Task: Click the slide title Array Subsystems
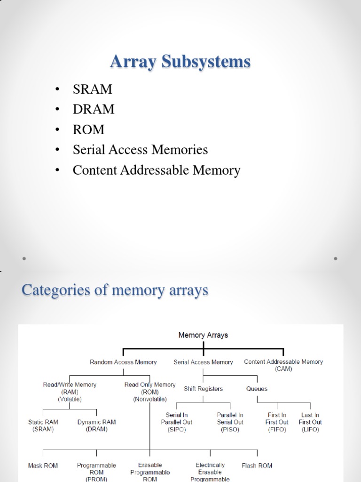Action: click(x=180, y=62)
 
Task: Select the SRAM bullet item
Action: click(x=93, y=89)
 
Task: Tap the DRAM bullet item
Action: click(x=94, y=109)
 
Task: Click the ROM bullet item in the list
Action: click(x=88, y=129)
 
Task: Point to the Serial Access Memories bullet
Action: click(x=140, y=150)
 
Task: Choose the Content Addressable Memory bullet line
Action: click(x=156, y=170)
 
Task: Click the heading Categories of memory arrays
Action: click(x=115, y=290)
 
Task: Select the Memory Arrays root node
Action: click(x=203, y=335)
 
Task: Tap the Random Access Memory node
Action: click(x=123, y=362)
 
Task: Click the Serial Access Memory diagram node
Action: click(x=203, y=362)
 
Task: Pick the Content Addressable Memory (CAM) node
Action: click(x=283, y=365)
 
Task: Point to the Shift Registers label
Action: click(x=203, y=389)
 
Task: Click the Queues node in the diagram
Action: click(x=257, y=389)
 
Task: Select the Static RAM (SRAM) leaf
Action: click(x=44, y=426)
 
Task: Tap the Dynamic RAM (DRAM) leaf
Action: click(x=96, y=426)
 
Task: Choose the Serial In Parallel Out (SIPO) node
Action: click(x=177, y=422)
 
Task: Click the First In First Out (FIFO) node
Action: click(x=277, y=422)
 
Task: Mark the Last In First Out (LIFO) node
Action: click(x=310, y=422)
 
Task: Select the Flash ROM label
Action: click(x=257, y=466)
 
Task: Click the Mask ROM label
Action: click(x=43, y=466)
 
